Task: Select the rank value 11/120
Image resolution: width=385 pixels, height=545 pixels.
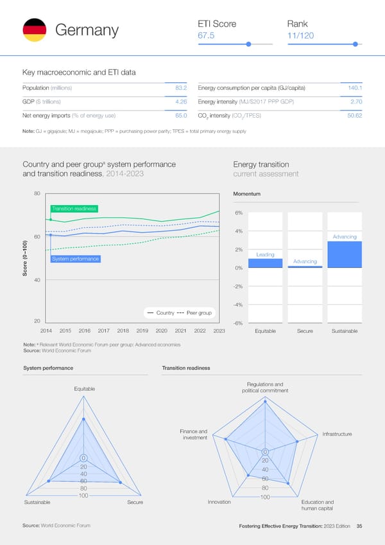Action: click(x=300, y=36)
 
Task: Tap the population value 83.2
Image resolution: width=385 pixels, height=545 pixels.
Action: click(x=180, y=87)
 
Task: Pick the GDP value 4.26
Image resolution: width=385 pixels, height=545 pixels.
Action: click(x=180, y=101)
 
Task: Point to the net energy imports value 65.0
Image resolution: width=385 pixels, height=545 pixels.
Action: click(x=180, y=115)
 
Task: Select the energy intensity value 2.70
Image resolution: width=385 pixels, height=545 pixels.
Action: click(x=357, y=101)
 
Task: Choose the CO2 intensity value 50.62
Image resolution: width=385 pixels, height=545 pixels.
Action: click(x=354, y=115)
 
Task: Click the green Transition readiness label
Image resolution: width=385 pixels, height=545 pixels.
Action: click(x=74, y=208)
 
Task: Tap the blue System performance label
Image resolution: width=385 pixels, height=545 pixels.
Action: click(x=75, y=259)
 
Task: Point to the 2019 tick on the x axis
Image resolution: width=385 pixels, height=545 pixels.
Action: click(x=142, y=331)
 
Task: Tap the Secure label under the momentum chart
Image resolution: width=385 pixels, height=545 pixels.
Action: click(x=305, y=331)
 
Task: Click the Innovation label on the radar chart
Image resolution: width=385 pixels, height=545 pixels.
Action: click(x=219, y=502)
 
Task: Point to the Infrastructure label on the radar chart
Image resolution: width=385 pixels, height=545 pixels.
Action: click(x=337, y=434)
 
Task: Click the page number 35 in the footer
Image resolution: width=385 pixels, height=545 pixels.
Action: click(x=359, y=526)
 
